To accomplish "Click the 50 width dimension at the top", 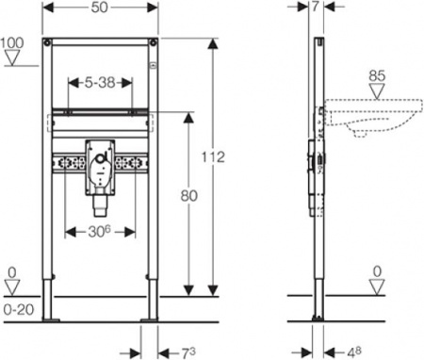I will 100,8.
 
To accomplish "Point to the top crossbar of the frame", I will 101,43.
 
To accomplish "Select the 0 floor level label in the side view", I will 378,272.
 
